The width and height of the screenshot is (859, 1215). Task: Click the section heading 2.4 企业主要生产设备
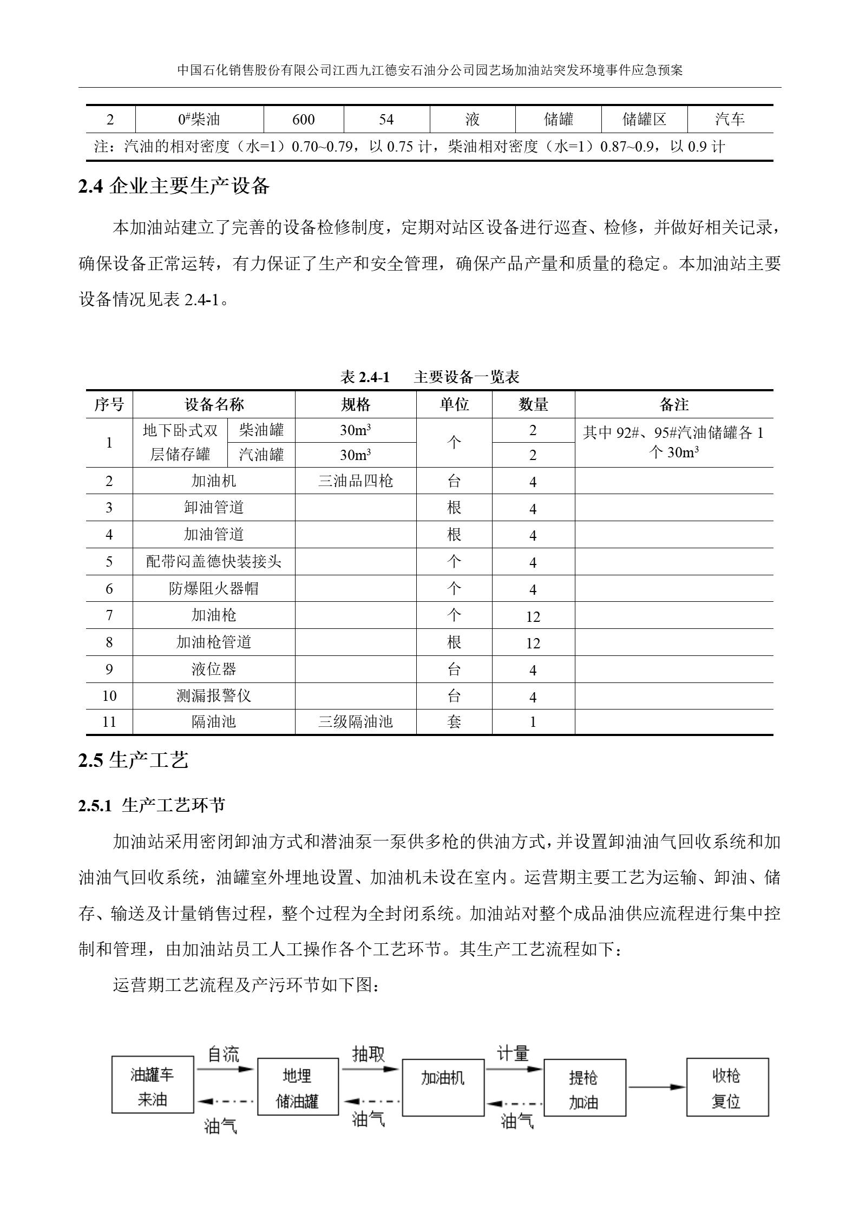tap(174, 186)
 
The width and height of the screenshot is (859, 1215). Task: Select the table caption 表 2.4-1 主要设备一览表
tap(429, 377)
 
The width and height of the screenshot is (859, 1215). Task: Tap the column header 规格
tap(356, 404)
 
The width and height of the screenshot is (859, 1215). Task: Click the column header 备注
tap(674, 404)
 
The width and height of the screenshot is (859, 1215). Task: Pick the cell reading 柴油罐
tap(261, 430)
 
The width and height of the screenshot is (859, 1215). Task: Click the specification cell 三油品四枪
tap(356, 481)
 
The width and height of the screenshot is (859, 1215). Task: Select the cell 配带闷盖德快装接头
tap(214, 561)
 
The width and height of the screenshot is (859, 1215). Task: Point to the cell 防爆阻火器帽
tap(214, 588)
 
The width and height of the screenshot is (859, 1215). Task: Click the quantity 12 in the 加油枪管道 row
tap(533, 643)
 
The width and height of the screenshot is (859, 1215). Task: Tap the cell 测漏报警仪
tap(214, 695)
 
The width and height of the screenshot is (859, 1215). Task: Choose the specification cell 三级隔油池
tap(356, 722)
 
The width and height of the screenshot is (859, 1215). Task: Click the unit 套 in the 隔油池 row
tap(454, 722)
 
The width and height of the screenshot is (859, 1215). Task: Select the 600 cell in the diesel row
tap(303, 120)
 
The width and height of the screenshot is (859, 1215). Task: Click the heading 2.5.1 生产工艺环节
tap(152, 805)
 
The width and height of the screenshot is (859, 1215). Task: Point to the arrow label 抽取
tap(368, 1054)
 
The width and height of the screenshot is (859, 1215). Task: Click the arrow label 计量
tap(513, 1053)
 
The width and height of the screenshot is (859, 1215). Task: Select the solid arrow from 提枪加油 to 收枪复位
tap(656, 1087)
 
